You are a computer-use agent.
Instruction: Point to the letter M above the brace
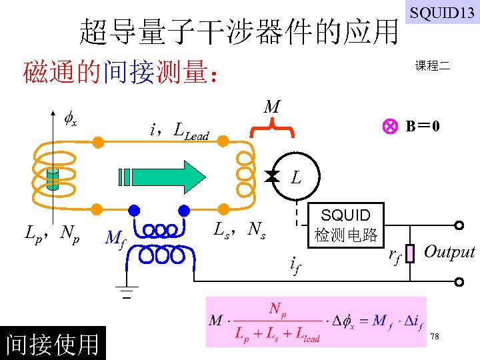pyautogui.click(x=271, y=107)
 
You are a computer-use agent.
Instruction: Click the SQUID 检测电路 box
pyautogui.click(x=345, y=225)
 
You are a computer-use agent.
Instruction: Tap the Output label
pyautogui.click(x=449, y=251)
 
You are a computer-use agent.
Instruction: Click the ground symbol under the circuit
pyautogui.click(x=126, y=292)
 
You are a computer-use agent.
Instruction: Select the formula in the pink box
pyautogui.click(x=315, y=321)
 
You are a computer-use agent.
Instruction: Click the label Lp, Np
pyautogui.click(x=52, y=233)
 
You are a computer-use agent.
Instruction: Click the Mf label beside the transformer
pyautogui.click(x=115, y=237)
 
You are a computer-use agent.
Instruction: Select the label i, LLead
pyautogui.click(x=180, y=131)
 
